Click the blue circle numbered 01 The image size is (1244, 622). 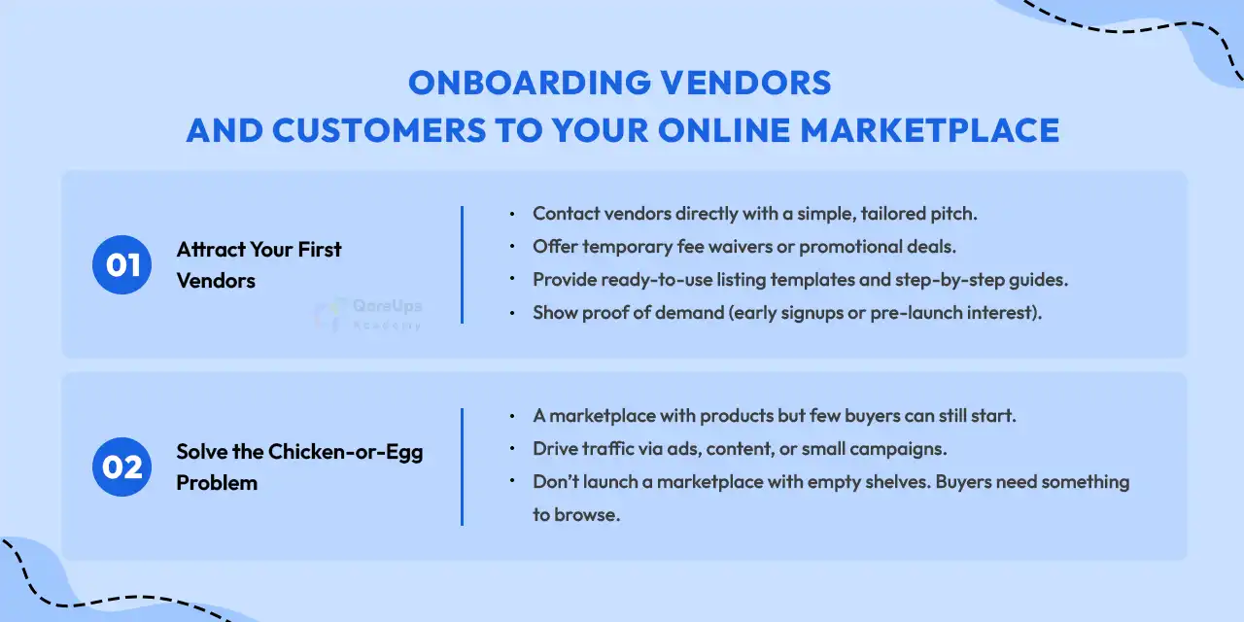coord(121,264)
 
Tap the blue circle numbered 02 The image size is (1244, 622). coord(121,467)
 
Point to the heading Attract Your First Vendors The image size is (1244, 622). coord(259,264)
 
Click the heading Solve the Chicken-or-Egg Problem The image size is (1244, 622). coord(299,467)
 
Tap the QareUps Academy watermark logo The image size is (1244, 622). coord(369,314)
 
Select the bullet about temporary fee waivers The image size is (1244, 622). coord(743,247)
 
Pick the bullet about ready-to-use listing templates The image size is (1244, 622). coord(800,280)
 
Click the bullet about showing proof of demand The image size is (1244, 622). coord(786,313)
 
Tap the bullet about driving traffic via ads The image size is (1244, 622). coord(739,449)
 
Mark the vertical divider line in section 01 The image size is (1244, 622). coord(462,264)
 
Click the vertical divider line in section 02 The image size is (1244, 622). coord(462,467)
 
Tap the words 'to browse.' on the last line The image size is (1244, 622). coord(575,515)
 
